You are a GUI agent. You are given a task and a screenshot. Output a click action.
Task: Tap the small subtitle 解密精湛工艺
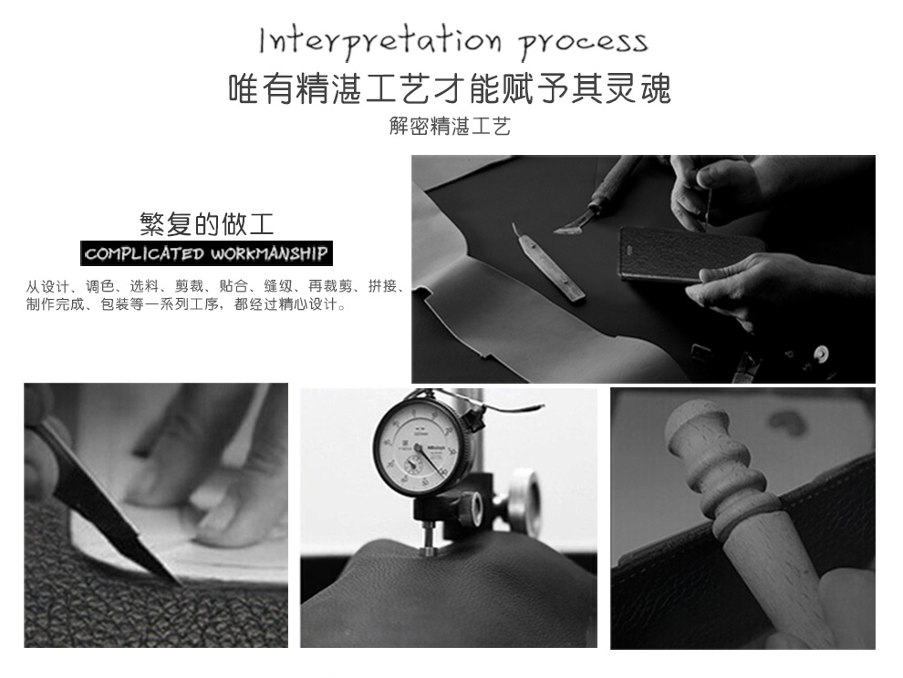[451, 126]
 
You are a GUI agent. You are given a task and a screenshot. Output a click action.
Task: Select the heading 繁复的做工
[206, 224]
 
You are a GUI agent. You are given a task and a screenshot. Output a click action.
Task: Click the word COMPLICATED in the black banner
[144, 254]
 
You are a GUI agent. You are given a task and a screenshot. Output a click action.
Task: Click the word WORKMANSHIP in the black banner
[269, 254]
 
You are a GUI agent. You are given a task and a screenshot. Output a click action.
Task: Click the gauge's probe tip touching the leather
[428, 550]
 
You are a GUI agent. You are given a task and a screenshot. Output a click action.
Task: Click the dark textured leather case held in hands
[688, 254]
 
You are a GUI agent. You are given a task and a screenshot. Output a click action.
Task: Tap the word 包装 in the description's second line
[115, 303]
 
